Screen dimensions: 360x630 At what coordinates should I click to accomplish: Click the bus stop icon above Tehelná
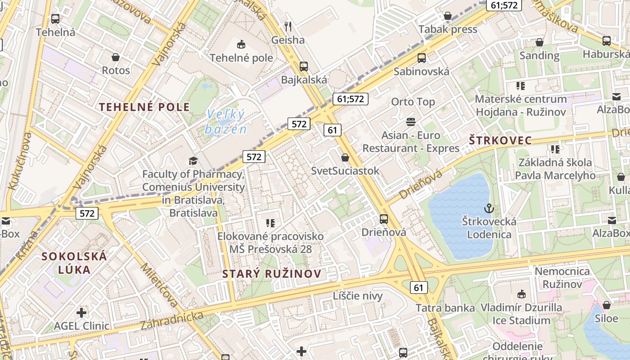tap(55, 19)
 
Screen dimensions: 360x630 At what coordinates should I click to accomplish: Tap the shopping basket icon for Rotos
tap(116, 57)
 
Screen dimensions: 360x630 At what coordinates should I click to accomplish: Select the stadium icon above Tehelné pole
tap(241, 44)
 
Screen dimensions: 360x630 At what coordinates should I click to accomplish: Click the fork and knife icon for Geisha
tap(288, 27)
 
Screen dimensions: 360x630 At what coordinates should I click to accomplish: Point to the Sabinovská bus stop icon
tap(422, 58)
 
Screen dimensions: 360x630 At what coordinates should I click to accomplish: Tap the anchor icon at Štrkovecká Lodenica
tap(489, 208)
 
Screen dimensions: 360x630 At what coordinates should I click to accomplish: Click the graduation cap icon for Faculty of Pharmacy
tap(193, 161)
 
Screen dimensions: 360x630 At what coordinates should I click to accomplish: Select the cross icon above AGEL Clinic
tap(81, 312)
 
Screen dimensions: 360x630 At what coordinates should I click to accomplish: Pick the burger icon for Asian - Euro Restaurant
tap(410, 121)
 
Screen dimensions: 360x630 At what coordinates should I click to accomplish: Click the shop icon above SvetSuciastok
tap(345, 157)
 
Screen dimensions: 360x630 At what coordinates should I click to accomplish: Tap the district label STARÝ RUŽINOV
tap(272, 274)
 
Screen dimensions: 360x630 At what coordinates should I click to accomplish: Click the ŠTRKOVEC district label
tap(500, 140)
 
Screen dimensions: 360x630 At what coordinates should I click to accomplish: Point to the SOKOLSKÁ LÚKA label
tap(74, 263)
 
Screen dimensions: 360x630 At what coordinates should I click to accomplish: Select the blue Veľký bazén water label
tap(226, 122)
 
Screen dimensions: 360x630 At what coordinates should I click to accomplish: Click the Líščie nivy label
tap(358, 296)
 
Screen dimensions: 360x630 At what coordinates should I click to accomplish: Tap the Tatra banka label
tap(445, 308)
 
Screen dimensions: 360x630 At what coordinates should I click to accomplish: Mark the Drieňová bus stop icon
tap(384, 219)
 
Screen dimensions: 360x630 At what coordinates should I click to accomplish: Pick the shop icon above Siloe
tap(607, 305)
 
